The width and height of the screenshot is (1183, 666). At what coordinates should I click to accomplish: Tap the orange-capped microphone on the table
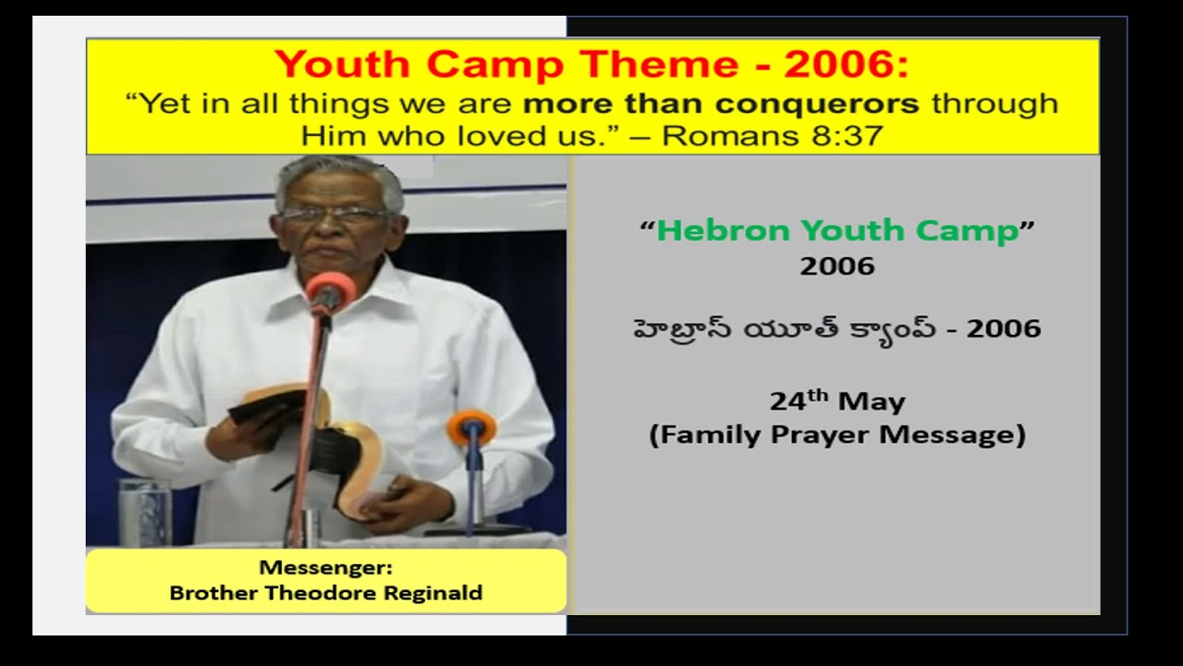(x=471, y=427)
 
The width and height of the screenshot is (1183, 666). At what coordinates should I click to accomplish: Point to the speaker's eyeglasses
(x=333, y=215)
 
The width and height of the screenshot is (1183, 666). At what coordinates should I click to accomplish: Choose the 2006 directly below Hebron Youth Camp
(x=836, y=267)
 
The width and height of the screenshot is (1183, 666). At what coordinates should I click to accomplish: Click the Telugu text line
(x=836, y=328)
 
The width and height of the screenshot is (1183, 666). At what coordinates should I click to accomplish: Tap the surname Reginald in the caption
(x=433, y=593)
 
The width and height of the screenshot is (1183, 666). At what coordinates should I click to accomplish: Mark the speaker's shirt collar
(x=347, y=277)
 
